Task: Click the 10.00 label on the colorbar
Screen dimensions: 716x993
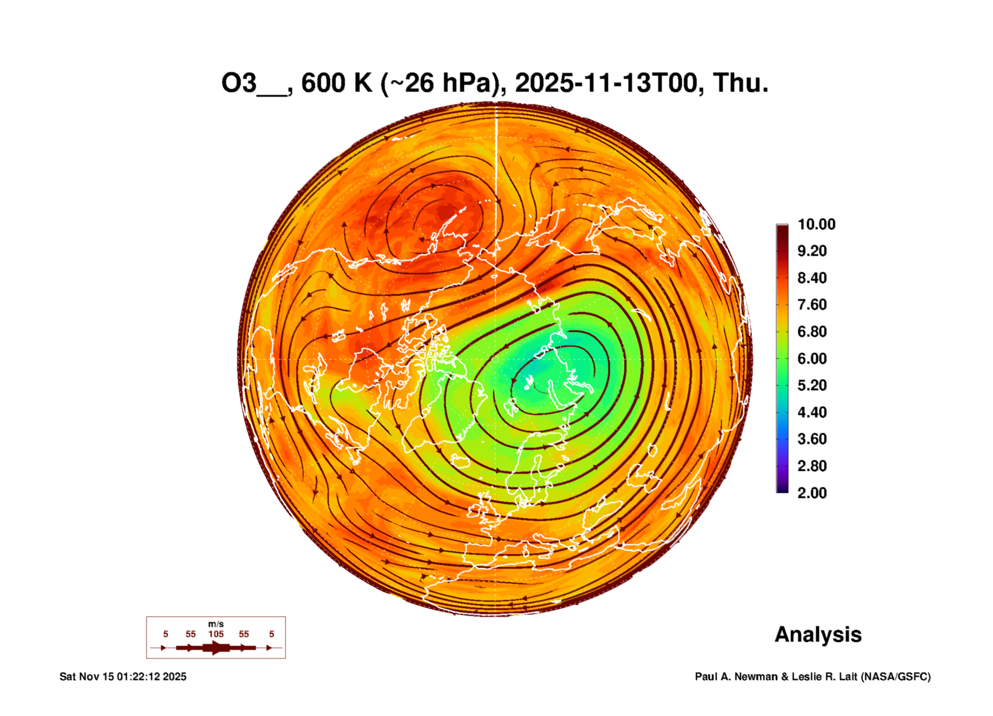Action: pyautogui.click(x=816, y=224)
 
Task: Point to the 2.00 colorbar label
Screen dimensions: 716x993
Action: pyautogui.click(x=811, y=493)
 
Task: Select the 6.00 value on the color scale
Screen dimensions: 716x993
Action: pyautogui.click(x=811, y=359)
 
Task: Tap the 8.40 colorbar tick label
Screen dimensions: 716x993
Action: pyautogui.click(x=811, y=278)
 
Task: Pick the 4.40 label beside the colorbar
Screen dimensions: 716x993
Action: pyautogui.click(x=811, y=412)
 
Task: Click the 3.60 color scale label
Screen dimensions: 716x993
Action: pyautogui.click(x=811, y=439)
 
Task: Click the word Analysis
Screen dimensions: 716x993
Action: pyautogui.click(x=818, y=634)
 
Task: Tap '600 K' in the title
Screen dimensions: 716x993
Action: pyautogui.click(x=336, y=83)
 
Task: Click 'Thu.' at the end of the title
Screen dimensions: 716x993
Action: pyautogui.click(x=740, y=83)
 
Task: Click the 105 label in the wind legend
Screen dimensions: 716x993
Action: pyautogui.click(x=216, y=634)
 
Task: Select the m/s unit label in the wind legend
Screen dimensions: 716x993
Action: pyautogui.click(x=216, y=624)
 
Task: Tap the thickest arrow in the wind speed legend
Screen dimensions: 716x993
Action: pyautogui.click(x=216, y=648)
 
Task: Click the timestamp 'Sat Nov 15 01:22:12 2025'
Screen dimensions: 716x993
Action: pyautogui.click(x=123, y=677)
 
